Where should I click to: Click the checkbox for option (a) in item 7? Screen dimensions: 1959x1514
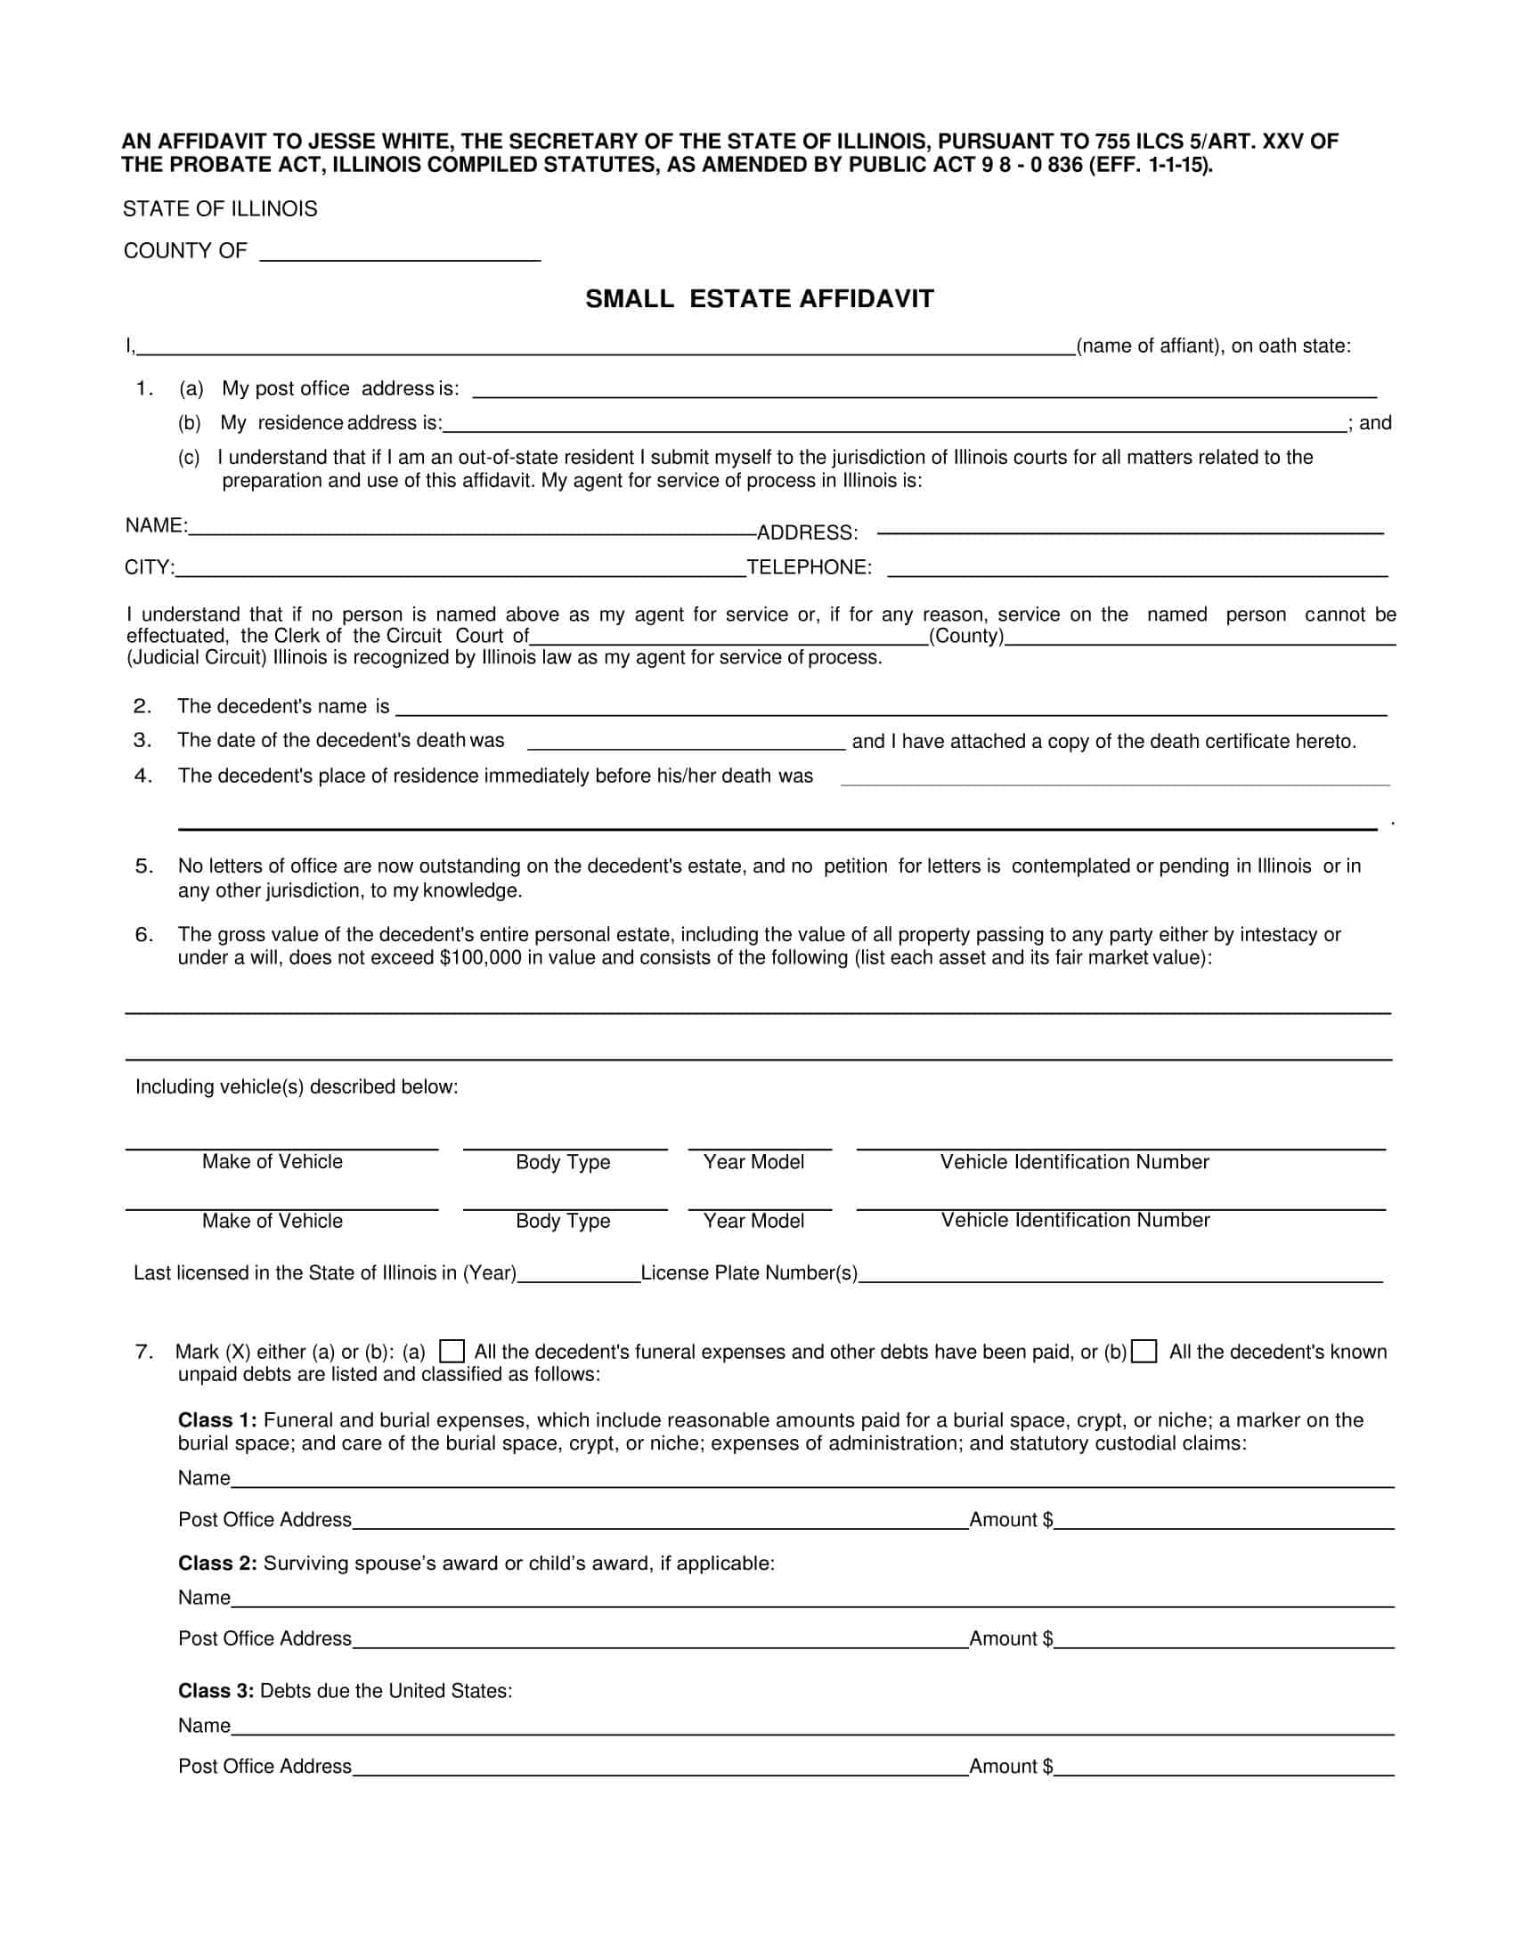click(452, 1351)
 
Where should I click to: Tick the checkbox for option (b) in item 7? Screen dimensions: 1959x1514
click(1144, 1351)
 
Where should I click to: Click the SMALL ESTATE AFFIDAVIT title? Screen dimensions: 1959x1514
click(760, 298)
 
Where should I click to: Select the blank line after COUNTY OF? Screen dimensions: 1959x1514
click(400, 253)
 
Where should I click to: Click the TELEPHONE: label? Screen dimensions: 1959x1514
click(809, 567)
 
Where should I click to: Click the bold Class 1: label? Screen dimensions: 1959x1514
click(218, 1420)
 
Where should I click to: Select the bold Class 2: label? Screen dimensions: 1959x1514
click(218, 1564)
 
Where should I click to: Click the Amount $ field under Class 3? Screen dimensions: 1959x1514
click(1224, 1768)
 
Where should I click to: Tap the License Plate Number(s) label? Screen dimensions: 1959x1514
click(749, 1272)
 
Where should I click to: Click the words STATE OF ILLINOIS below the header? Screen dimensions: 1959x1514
click(220, 209)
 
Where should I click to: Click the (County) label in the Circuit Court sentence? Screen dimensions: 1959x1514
click(967, 636)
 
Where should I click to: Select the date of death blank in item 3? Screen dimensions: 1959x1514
click(686, 742)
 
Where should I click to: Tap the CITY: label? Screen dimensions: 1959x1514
click(150, 567)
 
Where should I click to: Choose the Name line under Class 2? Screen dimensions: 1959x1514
click(811, 1598)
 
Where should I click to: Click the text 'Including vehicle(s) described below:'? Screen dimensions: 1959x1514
click(297, 1087)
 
